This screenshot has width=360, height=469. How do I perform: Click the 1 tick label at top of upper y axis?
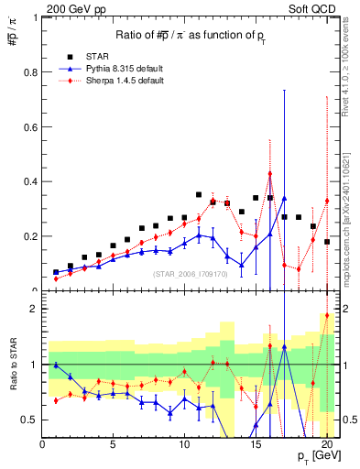[35, 16]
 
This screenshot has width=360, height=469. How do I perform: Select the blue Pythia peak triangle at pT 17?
[285, 198]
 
